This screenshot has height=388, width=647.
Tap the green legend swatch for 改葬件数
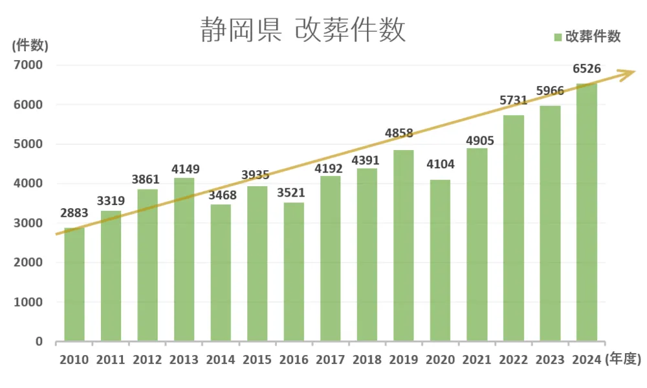pyautogui.click(x=558, y=37)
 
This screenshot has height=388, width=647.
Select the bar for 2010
pyautogui.click(x=74, y=285)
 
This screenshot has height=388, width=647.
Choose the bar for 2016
pyautogui.click(x=294, y=272)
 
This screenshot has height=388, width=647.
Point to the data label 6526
pyautogui.click(x=587, y=69)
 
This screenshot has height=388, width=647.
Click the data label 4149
pyautogui.click(x=186, y=169)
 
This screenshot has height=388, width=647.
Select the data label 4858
pyautogui.click(x=403, y=134)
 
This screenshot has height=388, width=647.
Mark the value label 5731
pyautogui.click(x=514, y=100)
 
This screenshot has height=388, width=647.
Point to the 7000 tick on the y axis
pyautogui.click(x=29, y=65)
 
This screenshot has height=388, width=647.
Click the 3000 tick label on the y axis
pyautogui.click(x=29, y=223)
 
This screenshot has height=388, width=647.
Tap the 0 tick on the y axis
pyautogui.click(x=39, y=341)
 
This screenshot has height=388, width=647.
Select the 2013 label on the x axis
pyautogui.click(x=184, y=360)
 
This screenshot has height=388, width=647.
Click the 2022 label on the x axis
pyautogui.click(x=514, y=360)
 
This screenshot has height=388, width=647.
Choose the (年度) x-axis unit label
pyautogui.click(x=623, y=360)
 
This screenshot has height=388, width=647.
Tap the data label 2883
pyautogui.click(x=75, y=213)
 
